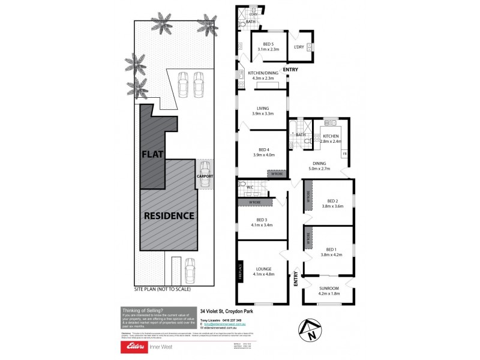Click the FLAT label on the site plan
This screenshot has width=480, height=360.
pos(152,154)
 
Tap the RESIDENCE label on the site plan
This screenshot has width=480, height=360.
pos(168,215)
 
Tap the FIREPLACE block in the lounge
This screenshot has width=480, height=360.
pos(240,271)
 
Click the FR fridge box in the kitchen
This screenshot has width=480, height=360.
pos(344,154)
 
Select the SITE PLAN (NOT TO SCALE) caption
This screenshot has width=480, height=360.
pos(162,289)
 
